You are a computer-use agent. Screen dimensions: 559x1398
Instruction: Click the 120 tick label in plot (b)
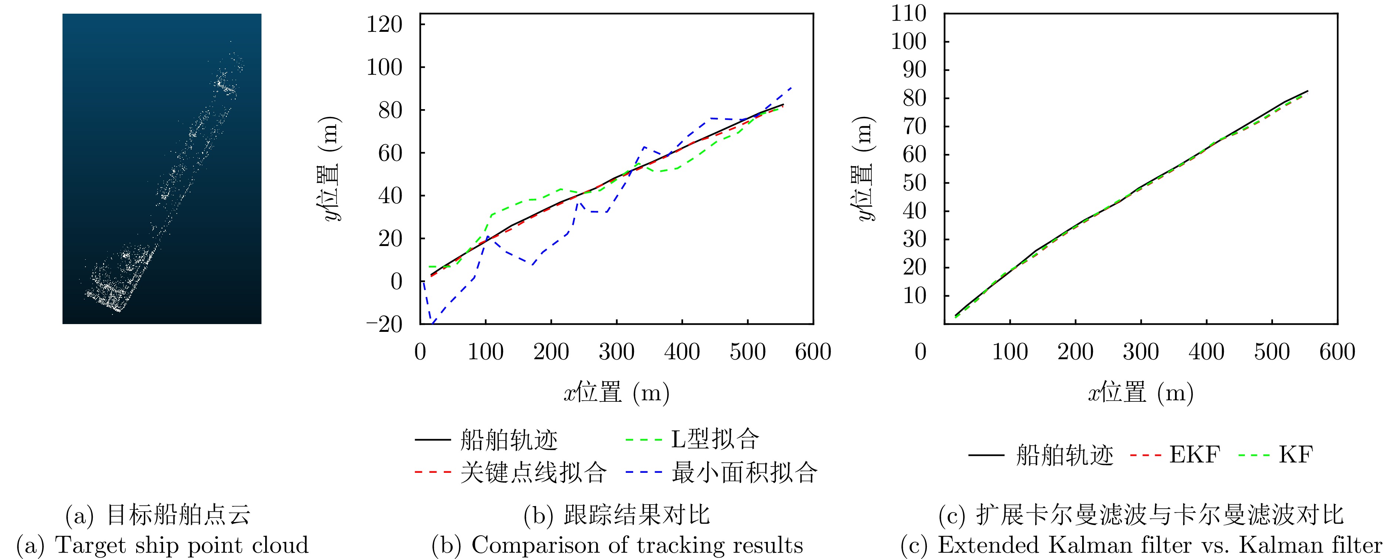click(x=384, y=25)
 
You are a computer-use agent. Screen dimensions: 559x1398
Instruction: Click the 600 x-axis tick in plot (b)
click(x=813, y=352)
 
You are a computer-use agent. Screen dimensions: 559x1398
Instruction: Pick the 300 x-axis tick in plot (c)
click(x=1141, y=352)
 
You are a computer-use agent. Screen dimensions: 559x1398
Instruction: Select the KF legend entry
click(x=1296, y=455)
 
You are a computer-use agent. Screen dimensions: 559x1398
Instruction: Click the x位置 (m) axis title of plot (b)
click(x=617, y=392)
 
